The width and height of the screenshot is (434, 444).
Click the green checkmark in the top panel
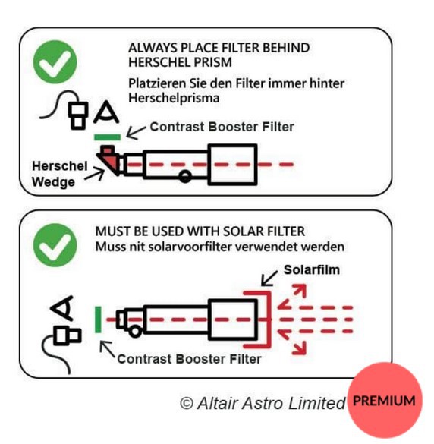click(55, 62)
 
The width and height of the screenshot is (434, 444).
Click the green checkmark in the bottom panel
click(55, 245)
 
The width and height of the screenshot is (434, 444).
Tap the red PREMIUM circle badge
click(385, 400)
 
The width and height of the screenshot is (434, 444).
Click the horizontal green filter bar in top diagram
click(107, 137)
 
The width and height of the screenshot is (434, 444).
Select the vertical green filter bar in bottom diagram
click(98, 320)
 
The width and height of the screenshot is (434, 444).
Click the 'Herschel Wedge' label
click(59, 174)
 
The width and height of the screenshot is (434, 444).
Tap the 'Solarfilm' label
click(312, 270)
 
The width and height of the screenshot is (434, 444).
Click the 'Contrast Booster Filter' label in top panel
click(222, 127)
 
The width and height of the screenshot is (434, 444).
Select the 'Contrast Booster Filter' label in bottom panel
click(189, 359)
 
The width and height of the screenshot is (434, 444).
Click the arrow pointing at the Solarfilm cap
click(269, 278)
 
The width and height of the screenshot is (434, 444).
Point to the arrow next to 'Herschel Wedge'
click(95, 174)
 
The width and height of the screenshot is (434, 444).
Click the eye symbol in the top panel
click(106, 112)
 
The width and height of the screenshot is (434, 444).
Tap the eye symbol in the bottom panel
click(62, 308)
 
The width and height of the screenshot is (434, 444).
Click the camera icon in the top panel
click(78, 115)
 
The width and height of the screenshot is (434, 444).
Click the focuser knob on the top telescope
click(185, 177)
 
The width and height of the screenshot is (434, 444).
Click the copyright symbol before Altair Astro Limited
click(187, 403)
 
